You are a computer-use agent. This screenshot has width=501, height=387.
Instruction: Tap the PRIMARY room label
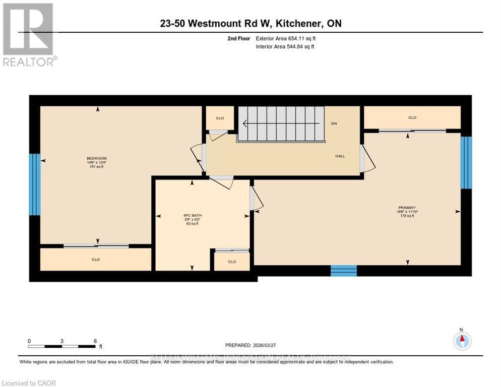pos(407,208)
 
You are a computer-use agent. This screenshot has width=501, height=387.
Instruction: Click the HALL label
pos(340,156)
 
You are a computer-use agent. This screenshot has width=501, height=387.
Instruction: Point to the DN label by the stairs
pos(334,123)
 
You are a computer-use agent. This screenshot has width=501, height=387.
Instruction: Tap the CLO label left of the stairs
pos(220,118)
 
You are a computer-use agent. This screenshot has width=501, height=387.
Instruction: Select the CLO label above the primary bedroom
pos(412,117)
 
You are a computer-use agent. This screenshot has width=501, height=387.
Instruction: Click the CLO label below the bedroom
pos(96,260)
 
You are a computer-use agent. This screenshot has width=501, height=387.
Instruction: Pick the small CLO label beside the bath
pos(232,262)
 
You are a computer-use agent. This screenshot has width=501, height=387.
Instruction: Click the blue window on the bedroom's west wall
pos(34,184)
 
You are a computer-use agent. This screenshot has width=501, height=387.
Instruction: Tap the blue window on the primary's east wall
pos(466,162)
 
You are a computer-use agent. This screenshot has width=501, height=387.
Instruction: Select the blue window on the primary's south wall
pos(343,271)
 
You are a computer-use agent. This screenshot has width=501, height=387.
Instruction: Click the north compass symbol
pos(462,341)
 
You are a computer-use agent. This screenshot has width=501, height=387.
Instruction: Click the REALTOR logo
pos(29,34)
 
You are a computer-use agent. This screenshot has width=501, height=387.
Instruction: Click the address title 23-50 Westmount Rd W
pos(250,24)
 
